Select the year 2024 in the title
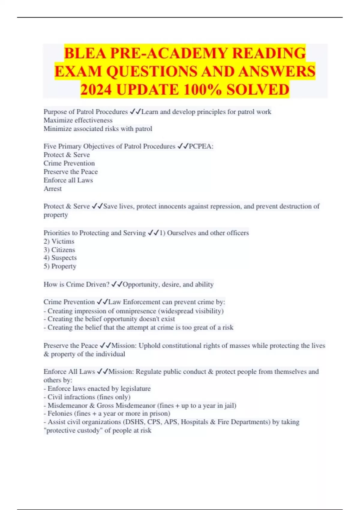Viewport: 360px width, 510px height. click(x=97, y=90)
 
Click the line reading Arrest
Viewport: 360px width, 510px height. click(x=52, y=189)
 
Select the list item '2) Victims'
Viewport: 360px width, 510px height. click(x=59, y=241)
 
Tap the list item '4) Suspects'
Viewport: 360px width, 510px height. click(x=60, y=258)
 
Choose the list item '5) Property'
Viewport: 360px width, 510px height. click(x=60, y=266)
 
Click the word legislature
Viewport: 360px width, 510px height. click(x=135, y=388)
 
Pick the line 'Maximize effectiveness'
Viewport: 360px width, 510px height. click(x=78, y=120)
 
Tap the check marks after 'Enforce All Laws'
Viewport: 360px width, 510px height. click(x=102, y=372)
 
